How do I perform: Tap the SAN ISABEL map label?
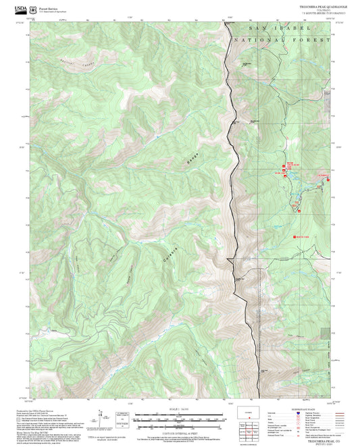(x=280, y=30)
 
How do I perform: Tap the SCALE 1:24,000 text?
(x=179, y=409)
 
